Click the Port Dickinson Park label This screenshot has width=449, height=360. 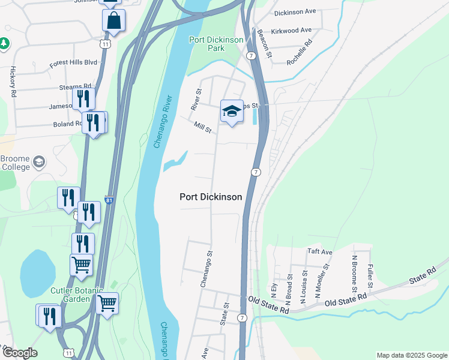click(x=216, y=44)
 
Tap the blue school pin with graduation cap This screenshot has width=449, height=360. click(x=232, y=111)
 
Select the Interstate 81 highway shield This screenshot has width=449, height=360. click(x=109, y=199)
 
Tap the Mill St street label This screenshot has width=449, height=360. click(x=203, y=128)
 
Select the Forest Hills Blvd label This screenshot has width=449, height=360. click(x=73, y=62)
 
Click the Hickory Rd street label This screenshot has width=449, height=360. click(x=13, y=77)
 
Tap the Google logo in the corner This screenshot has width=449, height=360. click(x=19, y=353)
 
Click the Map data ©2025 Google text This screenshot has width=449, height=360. click(x=411, y=355)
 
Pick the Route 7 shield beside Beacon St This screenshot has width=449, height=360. click(x=251, y=55)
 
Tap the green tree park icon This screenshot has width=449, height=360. click(x=4, y=43)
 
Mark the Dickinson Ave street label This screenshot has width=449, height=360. click(x=295, y=12)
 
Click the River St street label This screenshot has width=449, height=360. click(x=196, y=99)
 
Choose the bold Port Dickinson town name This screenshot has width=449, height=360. click(x=211, y=197)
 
